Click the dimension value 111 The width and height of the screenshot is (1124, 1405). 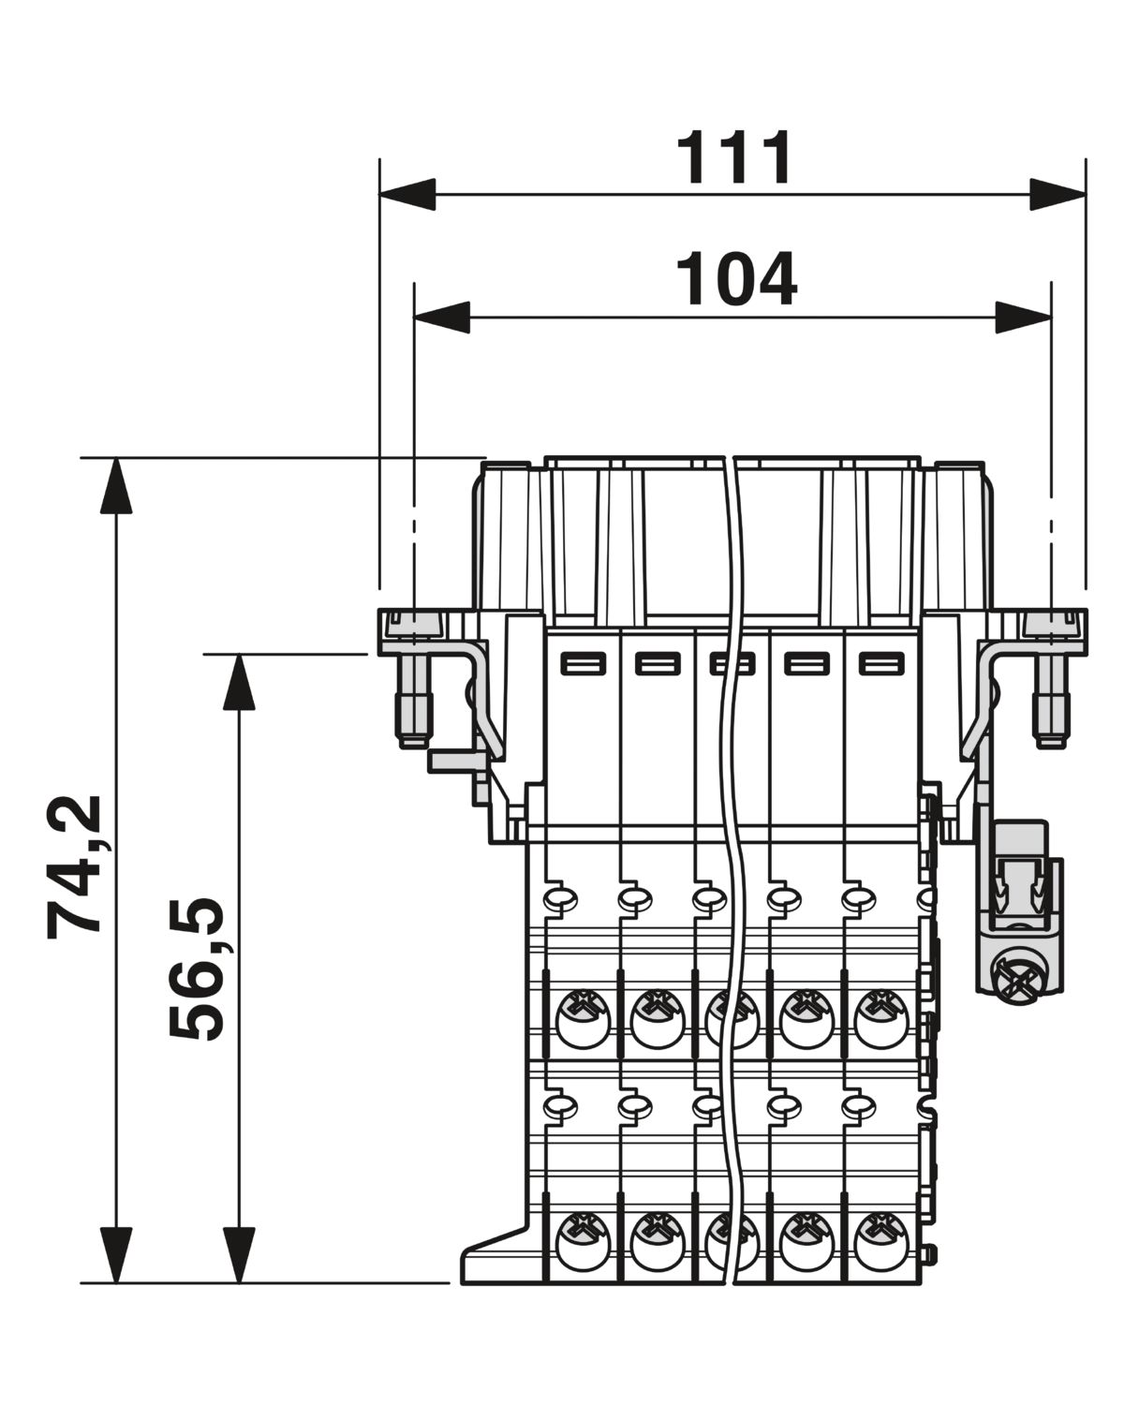[x=734, y=157]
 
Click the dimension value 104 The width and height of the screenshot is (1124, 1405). [x=736, y=279]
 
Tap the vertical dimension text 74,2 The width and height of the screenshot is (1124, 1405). [x=74, y=867]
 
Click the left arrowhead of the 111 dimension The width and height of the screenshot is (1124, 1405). [x=407, y=195]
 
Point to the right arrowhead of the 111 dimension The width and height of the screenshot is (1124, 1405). [x=1058, y=195]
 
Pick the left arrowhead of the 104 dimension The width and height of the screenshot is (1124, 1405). [x=442, y=318]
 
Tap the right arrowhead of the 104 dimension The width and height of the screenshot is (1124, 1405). [x=1024, y=318]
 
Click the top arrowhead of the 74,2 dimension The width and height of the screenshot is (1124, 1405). [x=116, y=486]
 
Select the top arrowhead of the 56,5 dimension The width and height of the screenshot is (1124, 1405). [x=239, y=682]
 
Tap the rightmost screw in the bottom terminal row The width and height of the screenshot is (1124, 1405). [x=881, y=1241]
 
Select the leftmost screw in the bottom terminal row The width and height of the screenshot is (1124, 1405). [x=584, y=1241]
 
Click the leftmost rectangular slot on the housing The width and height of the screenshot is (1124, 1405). [x=584, y=664]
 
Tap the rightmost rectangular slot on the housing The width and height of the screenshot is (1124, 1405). [x=881, y=664]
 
